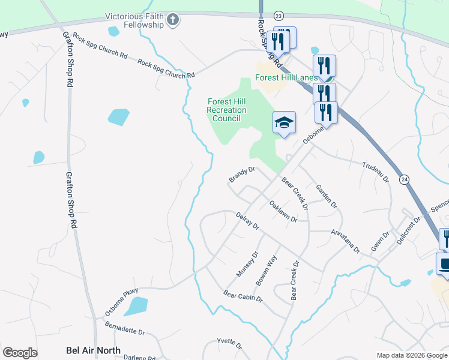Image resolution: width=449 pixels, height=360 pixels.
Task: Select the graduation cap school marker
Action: pyautogui.click(x=285, y=123)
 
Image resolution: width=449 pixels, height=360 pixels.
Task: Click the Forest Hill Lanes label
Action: pyautogui.click(x=286, y=77)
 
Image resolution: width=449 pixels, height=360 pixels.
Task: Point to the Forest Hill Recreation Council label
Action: pyautogui.click(x=226, y=110)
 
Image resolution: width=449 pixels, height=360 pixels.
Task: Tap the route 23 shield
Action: pyautogui.click(x=278, y=15)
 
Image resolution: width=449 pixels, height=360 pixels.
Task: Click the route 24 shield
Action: pyautogui.click(x=405, y=179)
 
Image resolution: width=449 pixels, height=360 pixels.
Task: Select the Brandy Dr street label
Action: pyautogui.click(x=242, y=175)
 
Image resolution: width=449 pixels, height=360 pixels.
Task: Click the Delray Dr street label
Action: pyautogui.click(x=247, y=221)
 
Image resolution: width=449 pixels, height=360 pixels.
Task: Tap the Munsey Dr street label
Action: pyautogui.click(x=247, y=263)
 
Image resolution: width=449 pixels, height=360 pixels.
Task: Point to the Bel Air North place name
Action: pyautogui.click(x=93, y=350)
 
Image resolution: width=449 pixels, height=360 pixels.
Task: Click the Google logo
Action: pyautogui.click(x=20, y=353)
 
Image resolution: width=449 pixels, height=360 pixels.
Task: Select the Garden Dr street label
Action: pyautogui.click(x=327, y=196)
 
